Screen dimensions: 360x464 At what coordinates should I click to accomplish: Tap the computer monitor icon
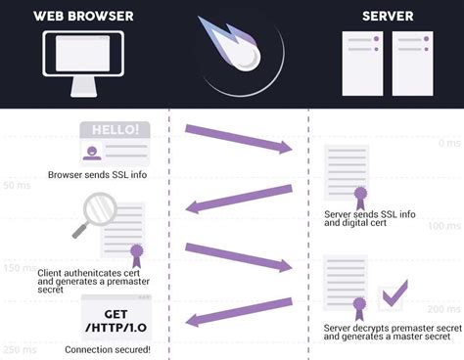[83, 60]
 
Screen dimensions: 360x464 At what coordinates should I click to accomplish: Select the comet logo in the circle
[232, 54]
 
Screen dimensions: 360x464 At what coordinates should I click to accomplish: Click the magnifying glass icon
[94, 212]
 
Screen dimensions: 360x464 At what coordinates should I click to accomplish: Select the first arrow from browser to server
[239, 138]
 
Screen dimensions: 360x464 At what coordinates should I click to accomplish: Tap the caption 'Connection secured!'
[108, 349]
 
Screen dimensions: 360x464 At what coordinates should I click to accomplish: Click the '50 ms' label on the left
[16, 185]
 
